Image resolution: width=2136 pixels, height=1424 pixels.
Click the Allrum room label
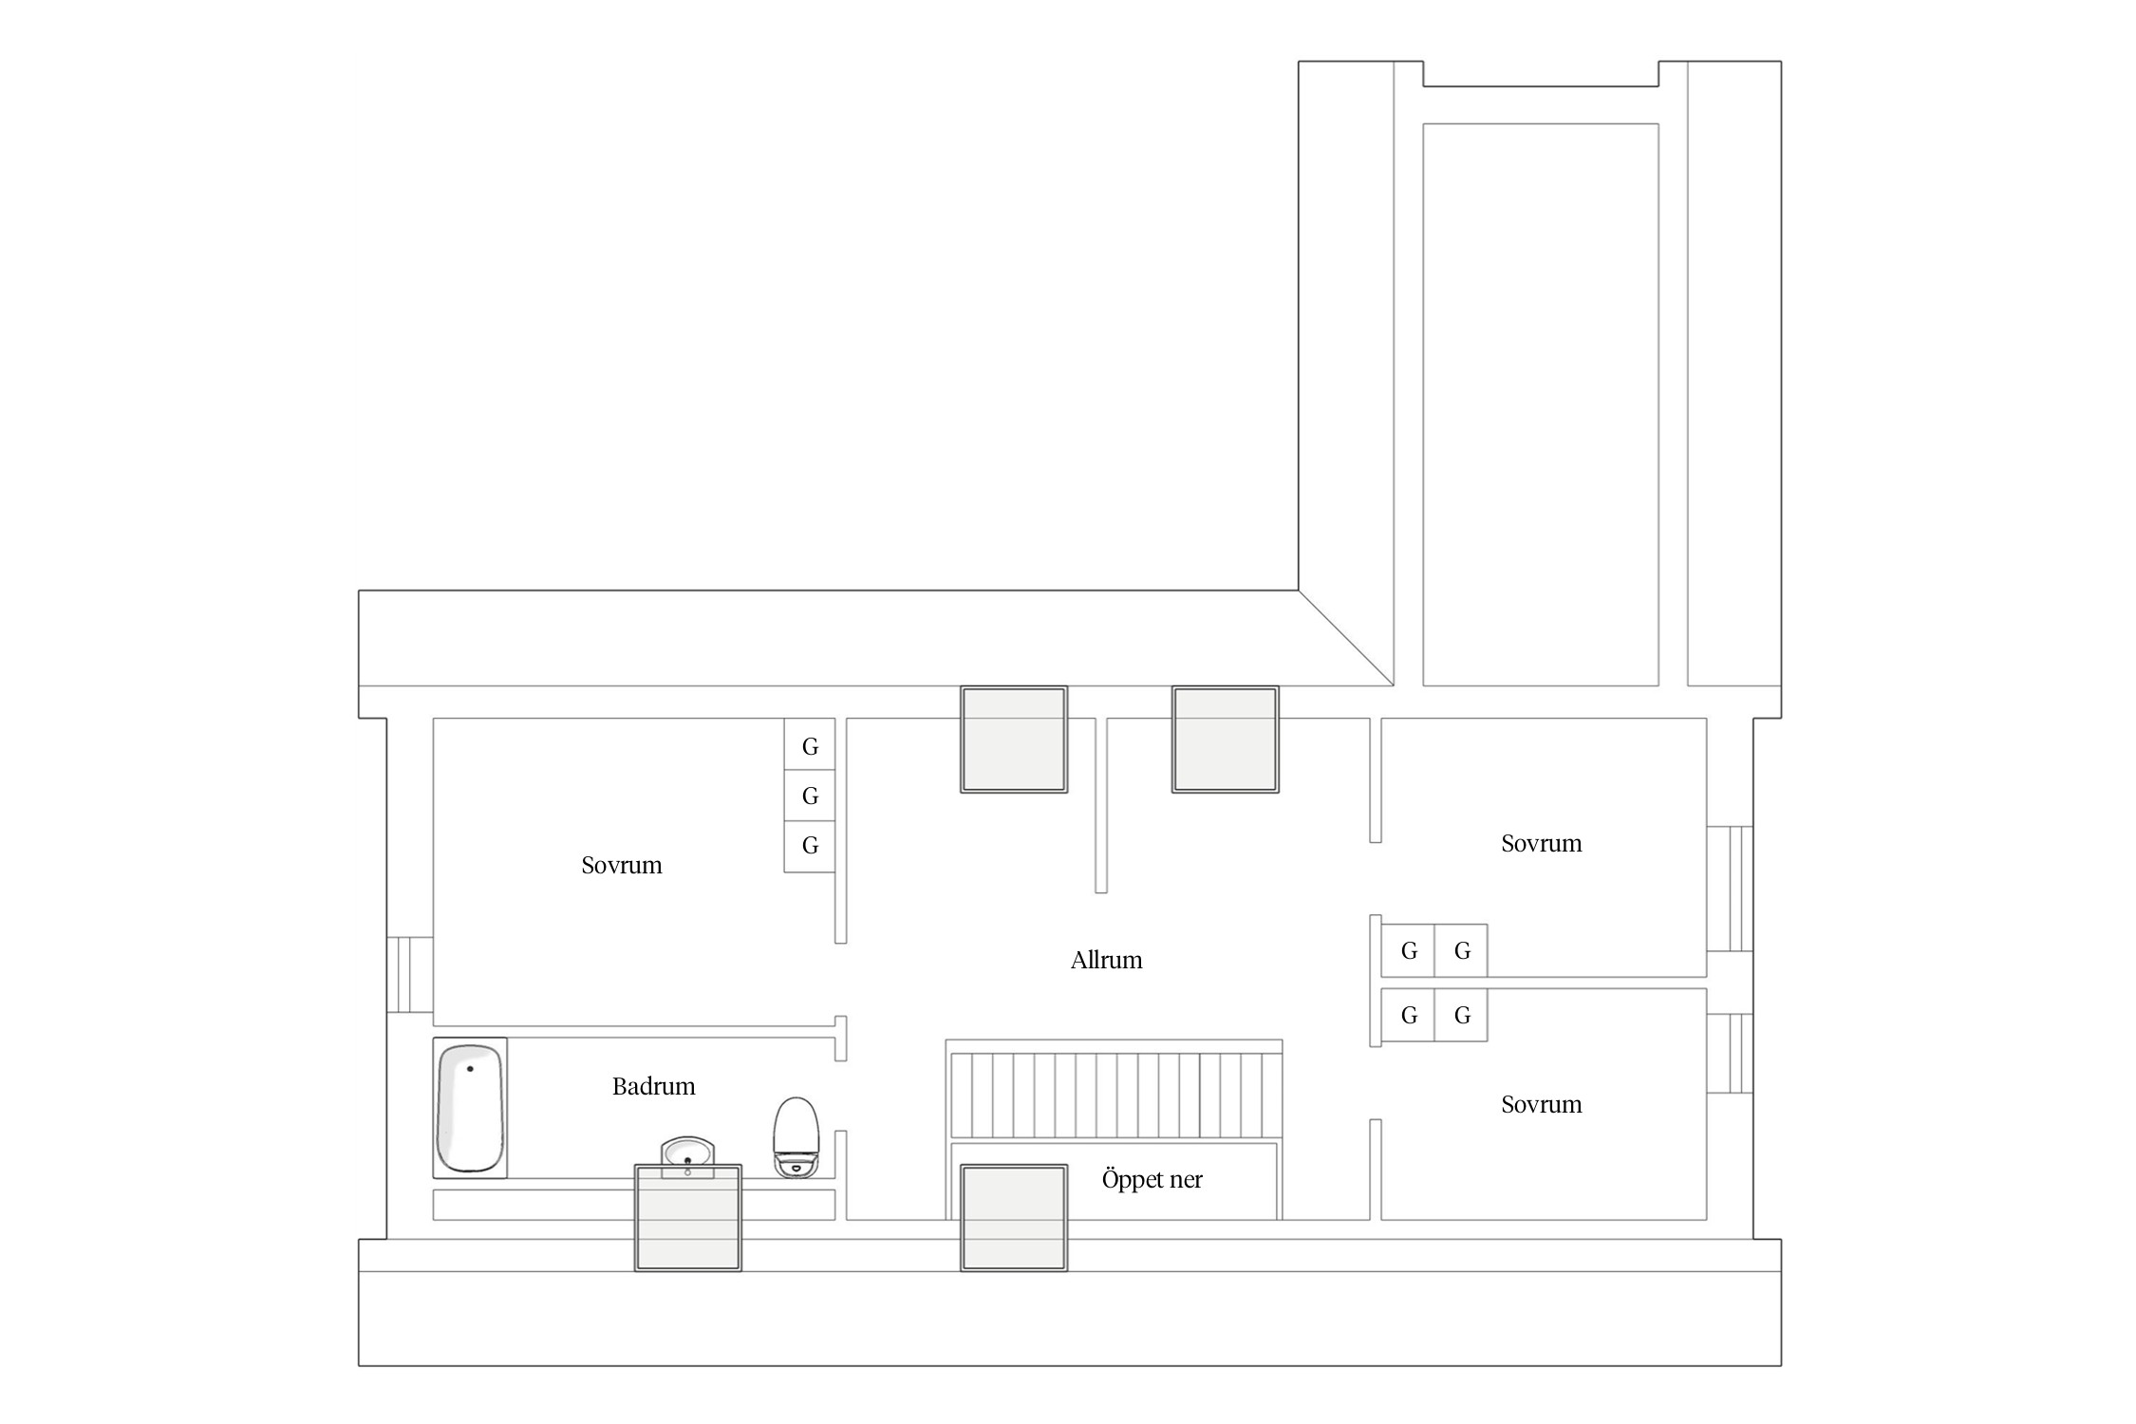click(x=1106, y=960)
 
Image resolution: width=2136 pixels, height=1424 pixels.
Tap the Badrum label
click(x=653, y=1086)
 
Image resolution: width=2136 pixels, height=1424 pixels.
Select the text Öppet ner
click(x=1152, y=1179)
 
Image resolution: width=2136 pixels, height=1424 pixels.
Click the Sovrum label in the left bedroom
click(x=622, y=865)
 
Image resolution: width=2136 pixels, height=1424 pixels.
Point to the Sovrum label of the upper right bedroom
click(x=1542, y=843)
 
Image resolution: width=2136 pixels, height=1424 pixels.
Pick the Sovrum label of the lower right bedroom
click(x=1542, y=1104)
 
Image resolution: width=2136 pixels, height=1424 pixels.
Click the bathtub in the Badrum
click(x=470, y=1108)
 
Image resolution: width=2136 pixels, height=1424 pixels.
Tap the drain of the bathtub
click(x=470, y=1069)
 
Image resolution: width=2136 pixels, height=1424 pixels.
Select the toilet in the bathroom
click(x=796, y=1137)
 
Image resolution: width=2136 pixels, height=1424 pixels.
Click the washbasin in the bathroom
click(x=687, y=1157)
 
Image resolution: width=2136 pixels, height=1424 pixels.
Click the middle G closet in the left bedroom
click(x=810, y=796)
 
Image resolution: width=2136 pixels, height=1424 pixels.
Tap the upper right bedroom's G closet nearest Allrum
click(x=1408, y=950)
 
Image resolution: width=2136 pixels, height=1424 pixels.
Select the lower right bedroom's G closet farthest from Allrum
click(x=1461, y=1016)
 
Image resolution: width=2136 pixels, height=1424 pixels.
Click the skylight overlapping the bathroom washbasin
click(x=687, y=1218)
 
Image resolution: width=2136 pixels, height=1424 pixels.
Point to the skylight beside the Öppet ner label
click(x=1014, y=1218)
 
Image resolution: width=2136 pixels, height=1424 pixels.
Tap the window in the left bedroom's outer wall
click(x=410, y=975)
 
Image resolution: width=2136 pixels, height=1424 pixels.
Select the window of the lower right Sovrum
click(x=1730, y=1054)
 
